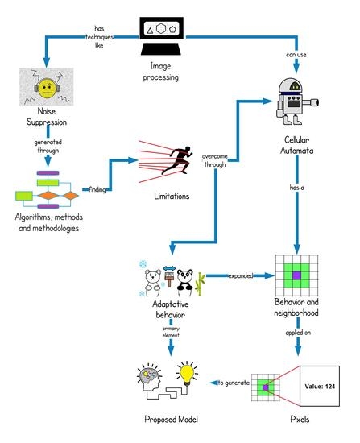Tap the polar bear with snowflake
[153, 278]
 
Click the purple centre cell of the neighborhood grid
[296, 276]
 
